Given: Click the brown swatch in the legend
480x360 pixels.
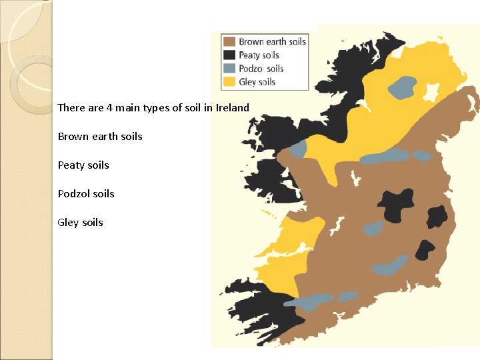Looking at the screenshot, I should [x=230, y=41].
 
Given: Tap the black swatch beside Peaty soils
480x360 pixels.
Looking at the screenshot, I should [x=230, y=55].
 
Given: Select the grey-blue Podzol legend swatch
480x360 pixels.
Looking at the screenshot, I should [x=230, y=68].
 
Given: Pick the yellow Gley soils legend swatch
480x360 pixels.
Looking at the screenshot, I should [x=230, y=81].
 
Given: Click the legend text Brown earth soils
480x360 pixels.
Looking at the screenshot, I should [x=272, y=41].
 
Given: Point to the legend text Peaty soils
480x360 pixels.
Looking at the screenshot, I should [x=259, y=55].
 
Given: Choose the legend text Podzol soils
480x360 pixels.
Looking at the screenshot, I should [x=261, y=68].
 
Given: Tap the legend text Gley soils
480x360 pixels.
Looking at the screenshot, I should [x=257, y=81].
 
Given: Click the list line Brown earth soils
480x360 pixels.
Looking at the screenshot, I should [x=100, y=136].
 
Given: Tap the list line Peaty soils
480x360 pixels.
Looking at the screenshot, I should [x=83, y=165].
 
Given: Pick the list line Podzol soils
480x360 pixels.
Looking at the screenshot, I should [x=86, y=193].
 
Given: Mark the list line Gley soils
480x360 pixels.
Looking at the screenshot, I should [x=81, y=222].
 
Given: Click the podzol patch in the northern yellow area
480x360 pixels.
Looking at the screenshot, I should [x=402, y=87].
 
